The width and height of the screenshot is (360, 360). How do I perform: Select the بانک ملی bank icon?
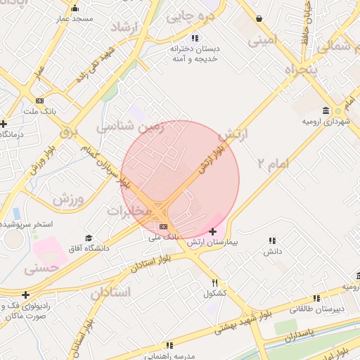click(164, 226)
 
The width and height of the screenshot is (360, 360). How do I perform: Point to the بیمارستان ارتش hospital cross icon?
click(213, 231)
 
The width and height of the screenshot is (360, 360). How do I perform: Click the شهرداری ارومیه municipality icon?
click(326, 111)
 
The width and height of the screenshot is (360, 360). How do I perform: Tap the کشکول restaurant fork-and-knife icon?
click(214, 283)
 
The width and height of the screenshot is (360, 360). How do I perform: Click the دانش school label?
click(272, 251)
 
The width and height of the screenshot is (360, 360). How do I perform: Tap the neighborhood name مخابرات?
click(129, 210)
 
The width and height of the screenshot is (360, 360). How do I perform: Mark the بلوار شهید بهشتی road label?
click(259, 315)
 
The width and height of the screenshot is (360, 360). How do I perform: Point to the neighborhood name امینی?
click(263, 41)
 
